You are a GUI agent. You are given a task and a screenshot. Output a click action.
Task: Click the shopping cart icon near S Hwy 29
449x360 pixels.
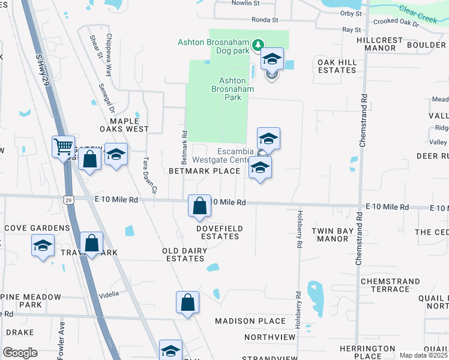(63, 146)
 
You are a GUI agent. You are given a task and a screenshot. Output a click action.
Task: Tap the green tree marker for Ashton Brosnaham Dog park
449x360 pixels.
(258, 44)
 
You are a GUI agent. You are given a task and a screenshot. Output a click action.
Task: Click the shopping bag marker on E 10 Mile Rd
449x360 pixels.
(199, 206)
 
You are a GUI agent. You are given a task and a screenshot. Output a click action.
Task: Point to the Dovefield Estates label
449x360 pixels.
(220, 232)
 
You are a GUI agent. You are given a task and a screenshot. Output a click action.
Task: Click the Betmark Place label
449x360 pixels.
(204, 171)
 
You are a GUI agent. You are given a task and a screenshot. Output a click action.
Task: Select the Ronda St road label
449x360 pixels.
(265, 20)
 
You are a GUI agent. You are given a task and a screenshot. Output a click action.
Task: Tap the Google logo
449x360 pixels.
(20, 353)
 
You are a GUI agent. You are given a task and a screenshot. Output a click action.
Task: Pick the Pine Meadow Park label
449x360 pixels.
(41, 301)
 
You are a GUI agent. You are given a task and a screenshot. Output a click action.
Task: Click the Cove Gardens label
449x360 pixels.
(37, 228)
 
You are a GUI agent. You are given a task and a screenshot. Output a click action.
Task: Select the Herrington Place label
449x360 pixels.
(367, 352)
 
